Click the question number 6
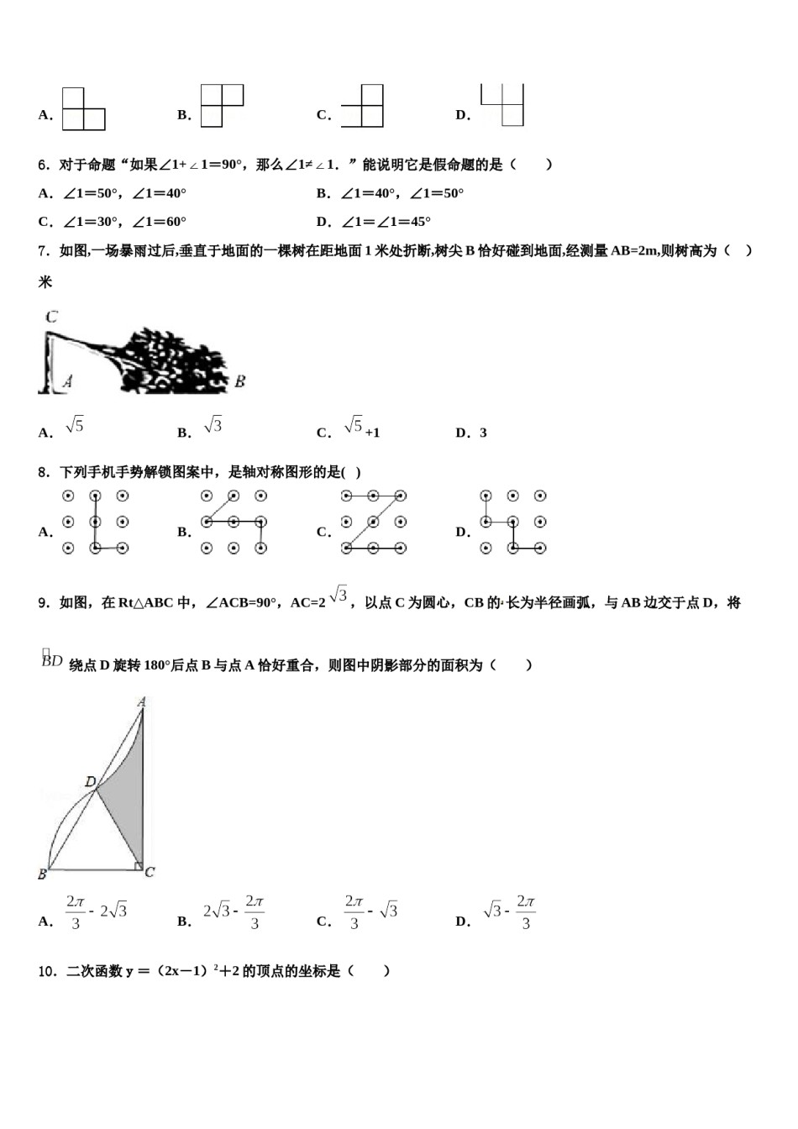click(x=43, y=165)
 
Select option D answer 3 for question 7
click(x=483, y=433)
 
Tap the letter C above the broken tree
click(x=52, y=317)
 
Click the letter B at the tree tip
click(x=239, y=381)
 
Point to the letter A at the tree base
click(x=67, y=381)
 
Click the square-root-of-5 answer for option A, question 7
click(x=75, y=426)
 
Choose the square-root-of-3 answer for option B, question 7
click(x=213, y=426)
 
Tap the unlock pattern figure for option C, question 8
click(x=373, y=522)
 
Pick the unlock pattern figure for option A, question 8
click(x=95, y=522)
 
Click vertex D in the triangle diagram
click(x=91, y=782)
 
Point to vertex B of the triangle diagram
click(x=43, y=874)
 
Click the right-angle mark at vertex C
click(x=139, y=864)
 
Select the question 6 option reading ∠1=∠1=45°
click(x=386, y=222)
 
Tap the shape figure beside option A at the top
click(x=83, y=109)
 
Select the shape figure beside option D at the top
click(x=502, y=105)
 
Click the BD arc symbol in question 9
click(x=52, y=660)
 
